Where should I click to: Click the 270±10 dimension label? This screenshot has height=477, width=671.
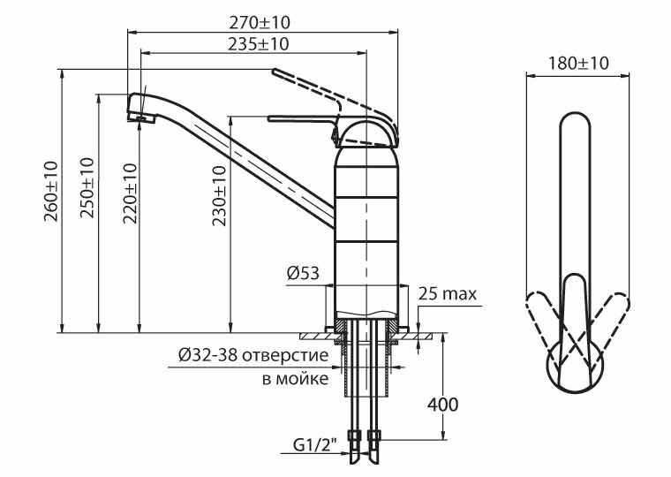click(260, 23)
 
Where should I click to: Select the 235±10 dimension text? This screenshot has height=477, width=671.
click(258, 44)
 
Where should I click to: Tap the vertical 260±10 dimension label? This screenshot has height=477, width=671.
click(51, 191)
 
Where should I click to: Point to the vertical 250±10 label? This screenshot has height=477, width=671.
click(87, 187)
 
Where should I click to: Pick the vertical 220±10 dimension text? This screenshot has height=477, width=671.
click(131, 193)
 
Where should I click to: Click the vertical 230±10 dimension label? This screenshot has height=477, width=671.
click(219, 196)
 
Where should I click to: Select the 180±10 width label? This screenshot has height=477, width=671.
click(578, 64)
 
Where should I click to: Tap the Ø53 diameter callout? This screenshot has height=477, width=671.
click(303, 273)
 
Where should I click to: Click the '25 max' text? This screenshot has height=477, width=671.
click(448, 294)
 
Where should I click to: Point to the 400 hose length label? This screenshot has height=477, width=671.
click(442, 405)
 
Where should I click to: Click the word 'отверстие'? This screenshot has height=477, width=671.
click(285, 355)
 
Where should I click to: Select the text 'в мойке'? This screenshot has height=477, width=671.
click(296, 379)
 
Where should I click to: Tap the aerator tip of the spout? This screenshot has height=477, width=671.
click(141, 117)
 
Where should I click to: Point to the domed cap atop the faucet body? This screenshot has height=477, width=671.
click(366, 133)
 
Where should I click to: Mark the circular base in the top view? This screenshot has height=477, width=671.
click(575, 367)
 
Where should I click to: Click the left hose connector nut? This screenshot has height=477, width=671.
click(355, 436)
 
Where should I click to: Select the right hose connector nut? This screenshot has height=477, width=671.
click(374, 436)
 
